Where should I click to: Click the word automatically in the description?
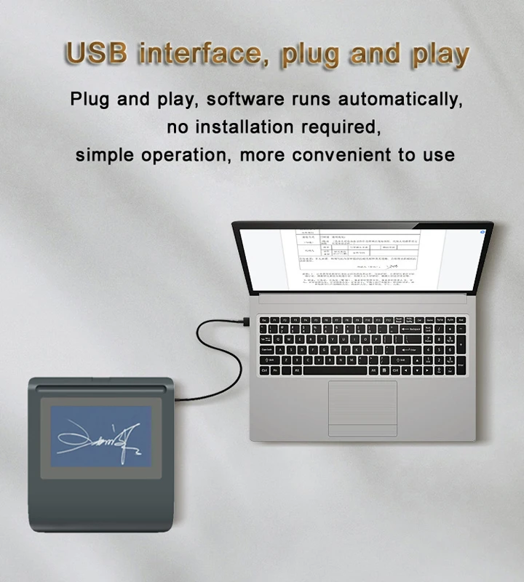392,99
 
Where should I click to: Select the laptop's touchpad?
362,407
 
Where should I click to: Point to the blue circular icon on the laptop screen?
482,232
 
